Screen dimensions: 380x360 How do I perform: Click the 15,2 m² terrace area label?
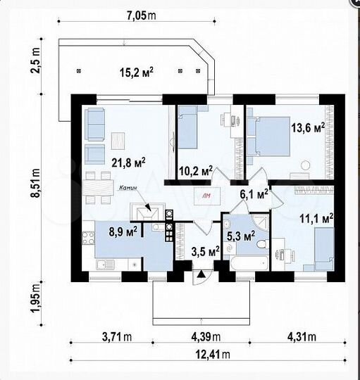pos(137,71)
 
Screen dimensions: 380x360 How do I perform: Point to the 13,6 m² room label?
pos(307,128)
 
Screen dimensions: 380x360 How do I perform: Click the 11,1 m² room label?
pos(316,220)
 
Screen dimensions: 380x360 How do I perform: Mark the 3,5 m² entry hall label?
pos(205,250)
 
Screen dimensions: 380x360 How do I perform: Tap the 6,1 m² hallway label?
pos(254,193)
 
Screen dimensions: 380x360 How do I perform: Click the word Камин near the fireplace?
pos(128,189)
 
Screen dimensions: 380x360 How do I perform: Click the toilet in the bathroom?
pos(261,248)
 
